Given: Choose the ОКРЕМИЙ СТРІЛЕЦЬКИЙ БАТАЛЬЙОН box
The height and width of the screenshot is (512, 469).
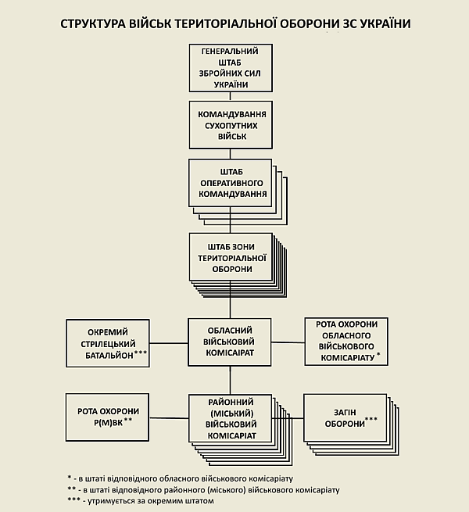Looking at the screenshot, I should (107, 342).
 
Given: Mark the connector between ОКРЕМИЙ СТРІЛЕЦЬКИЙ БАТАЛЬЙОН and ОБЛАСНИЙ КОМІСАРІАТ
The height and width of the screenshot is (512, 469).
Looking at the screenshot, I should (168, 342).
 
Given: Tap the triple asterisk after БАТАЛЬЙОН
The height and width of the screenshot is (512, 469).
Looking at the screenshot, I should (141, 353).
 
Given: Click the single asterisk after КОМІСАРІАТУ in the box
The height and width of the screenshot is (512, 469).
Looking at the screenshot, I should (378, 356).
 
